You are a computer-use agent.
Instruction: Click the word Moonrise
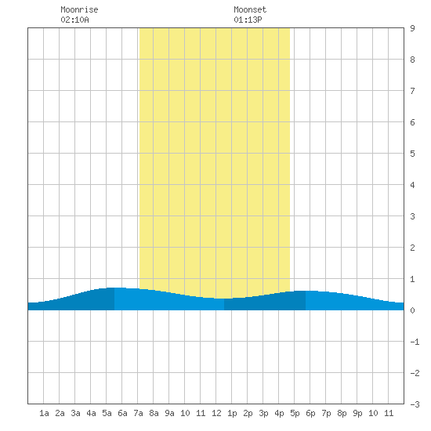click(x=79, y=9)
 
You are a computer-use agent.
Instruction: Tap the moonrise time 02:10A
click(x=74, y=20)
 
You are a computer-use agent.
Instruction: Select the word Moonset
click(x=250, y=9)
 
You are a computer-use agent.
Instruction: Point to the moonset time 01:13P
click(x=248, y=20)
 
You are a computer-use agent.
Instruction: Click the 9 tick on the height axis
click(x=412, y=28)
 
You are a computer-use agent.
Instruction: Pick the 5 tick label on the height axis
click(x=412, y=154)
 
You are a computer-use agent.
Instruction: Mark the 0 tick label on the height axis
click(x=412, y=310)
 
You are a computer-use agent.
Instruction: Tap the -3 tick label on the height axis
click(x=415, y=404)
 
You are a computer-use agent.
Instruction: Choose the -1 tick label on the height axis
click(x=415, y=342)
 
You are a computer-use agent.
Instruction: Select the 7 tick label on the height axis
click(x=412, y=91)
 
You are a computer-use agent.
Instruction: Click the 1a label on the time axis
click(x=44, y=413)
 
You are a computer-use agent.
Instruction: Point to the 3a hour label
click(x=75, y=413)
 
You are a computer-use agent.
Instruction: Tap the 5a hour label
click(x=107, y=413)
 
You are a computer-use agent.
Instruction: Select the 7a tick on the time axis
click(x=138, y=413)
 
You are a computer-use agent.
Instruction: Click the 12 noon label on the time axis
click(x=216, y=413)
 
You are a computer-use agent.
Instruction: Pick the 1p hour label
click(x=232, y=413)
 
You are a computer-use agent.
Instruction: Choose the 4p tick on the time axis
click(x=279, y=413)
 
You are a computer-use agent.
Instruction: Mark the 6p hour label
click(x=310, y=413)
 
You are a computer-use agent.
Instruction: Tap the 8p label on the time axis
click(x=342, y=413)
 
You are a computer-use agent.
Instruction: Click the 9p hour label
click(x=357, y=413)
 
